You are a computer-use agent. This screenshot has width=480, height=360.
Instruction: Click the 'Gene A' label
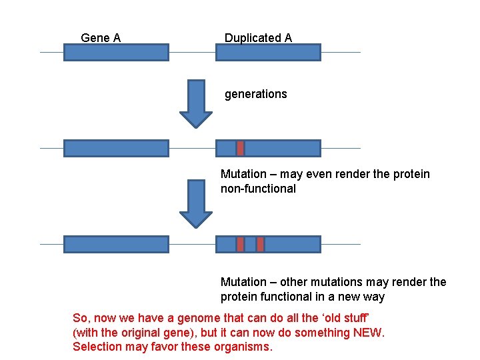tap(101, 38)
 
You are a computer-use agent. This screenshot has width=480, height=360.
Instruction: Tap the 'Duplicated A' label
tap(258, 38)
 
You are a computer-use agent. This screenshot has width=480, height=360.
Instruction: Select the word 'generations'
tap(255, 94)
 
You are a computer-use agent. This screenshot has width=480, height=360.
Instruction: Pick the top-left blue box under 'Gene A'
tap(116, 52)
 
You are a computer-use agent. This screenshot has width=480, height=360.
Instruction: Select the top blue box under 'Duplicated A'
tap(268, 52)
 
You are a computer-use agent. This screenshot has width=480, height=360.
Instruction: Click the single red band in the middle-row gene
tap(241, 148)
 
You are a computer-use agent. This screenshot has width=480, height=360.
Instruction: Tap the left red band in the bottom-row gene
tap(241, 244)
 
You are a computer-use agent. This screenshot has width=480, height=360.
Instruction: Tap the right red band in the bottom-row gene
tap(261, 244)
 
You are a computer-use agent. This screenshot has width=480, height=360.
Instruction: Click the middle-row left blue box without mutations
tap(116, 148)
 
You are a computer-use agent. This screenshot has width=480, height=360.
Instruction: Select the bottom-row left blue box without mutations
tap(116, 244)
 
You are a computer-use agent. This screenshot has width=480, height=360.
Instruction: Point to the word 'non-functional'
tap(258, 189)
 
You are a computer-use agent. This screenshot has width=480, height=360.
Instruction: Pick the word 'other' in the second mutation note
tap(295, 282)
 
